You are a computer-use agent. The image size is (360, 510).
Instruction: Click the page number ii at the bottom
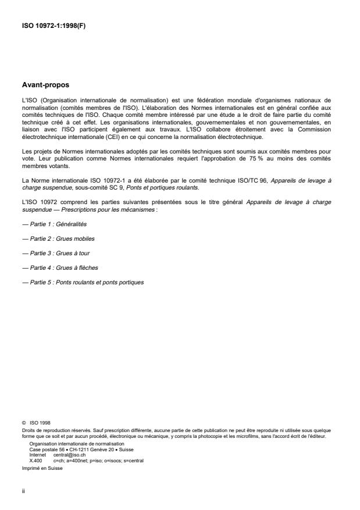pyautogui.click(x=23, y=490)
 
